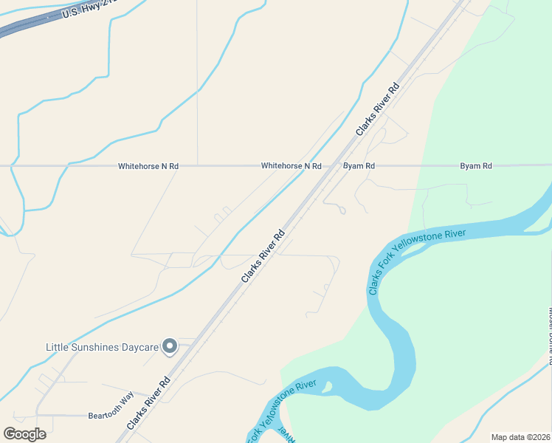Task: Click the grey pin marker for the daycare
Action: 170,346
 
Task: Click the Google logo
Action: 24,433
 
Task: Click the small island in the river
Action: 327,386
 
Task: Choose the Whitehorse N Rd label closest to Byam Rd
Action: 291,166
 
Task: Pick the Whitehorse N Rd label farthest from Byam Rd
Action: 148,166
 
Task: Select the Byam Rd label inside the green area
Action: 475,166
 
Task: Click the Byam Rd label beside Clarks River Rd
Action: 359,166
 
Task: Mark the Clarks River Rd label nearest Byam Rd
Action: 377,108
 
